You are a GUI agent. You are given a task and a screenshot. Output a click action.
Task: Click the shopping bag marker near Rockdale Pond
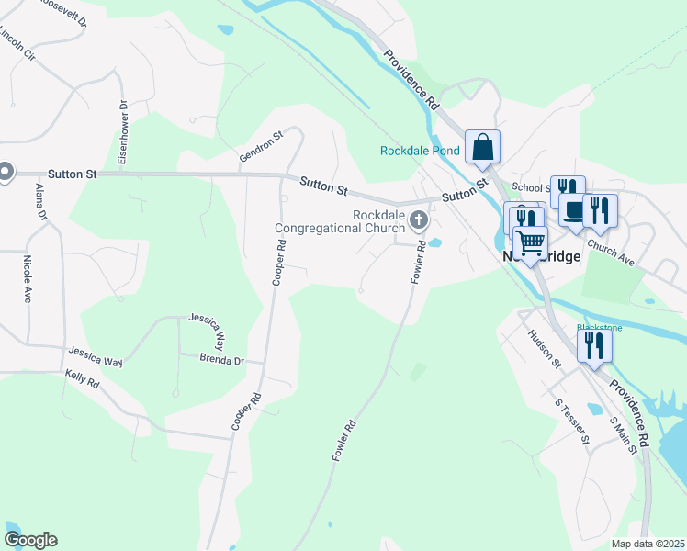pyautogui.click(x=483, y=147)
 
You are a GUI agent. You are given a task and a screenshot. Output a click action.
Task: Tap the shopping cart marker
pyautogui.click(x=530, y=243)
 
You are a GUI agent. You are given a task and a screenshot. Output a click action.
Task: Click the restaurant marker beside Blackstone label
pyautogui.click(x=594, y=345)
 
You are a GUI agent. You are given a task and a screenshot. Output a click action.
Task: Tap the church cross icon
pyautogui.click(x=419, y=219)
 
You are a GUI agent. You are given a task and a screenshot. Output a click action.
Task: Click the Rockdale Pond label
pyautogui.click(x=420, y=152)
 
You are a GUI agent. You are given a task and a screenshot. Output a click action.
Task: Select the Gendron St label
pyautogui.click(x=261, y=147)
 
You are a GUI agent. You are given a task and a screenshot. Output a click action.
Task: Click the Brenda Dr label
pyautogui.click(x=221, y=361)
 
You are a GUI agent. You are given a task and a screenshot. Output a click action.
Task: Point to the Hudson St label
pyautogui.click(x=545, y=348)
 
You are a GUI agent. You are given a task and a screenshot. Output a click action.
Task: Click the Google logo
pyautogui.click(x=30, y=540)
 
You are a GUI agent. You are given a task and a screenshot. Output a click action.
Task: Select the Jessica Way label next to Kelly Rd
pyautogui.click(x=96, y=356)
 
